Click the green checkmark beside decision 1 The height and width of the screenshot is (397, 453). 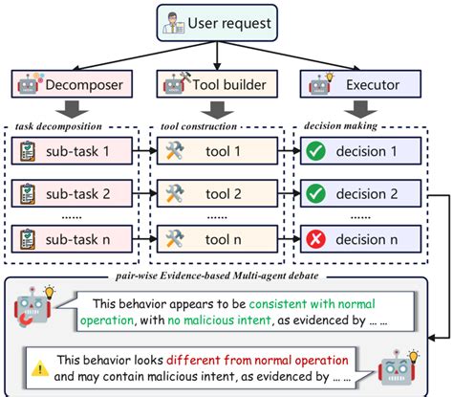click(315, 151)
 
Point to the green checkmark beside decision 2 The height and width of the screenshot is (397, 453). click(315, 193)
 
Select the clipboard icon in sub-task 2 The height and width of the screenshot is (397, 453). click(30, 193)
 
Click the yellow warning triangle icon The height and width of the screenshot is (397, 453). click(40, 365)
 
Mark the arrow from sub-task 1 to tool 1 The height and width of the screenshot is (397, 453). click(144, 151)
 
